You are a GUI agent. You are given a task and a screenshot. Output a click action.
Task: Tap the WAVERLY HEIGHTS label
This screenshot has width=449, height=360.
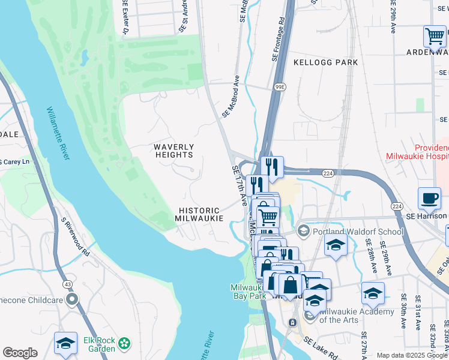click(173, 151)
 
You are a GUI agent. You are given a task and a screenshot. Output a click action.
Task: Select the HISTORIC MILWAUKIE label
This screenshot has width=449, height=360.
click(200, 214)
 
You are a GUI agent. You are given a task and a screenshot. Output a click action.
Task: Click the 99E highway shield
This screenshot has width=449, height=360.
click(279, 87)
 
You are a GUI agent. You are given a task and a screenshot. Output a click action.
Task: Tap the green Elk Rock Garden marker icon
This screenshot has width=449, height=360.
click(124, 343)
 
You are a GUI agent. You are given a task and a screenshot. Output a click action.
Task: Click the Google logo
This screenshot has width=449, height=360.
click(20, 353)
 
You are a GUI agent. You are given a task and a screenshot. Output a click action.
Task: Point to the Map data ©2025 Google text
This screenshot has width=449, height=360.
click(412, 355)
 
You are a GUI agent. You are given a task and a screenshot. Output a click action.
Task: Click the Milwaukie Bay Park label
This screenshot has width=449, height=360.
click(247, 292)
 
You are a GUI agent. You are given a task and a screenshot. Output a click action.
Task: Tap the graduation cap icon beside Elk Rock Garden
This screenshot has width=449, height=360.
click(65, 343)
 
